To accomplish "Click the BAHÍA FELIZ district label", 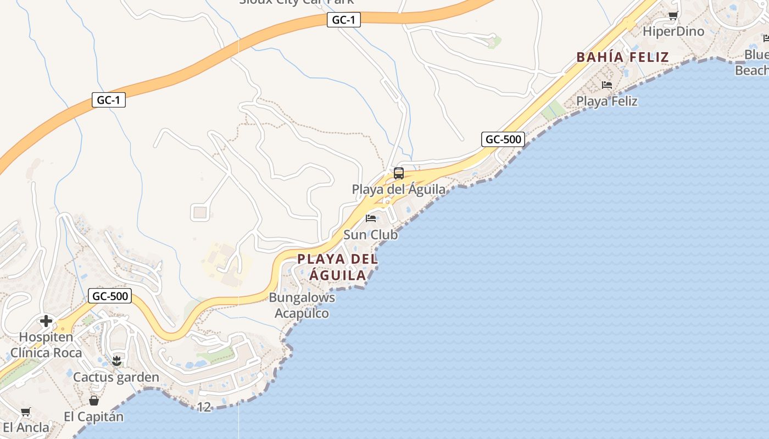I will tap(622, 57).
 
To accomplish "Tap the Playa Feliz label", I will tap(606, 101).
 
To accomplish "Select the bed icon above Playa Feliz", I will tap(607, 85).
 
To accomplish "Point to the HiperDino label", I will tap(673, 31).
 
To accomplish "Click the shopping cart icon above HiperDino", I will tap(673, 15).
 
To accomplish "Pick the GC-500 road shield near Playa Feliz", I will tap(503, 139).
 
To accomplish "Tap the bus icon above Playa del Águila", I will tap(399, 173).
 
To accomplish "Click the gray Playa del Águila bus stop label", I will tap(399, 189).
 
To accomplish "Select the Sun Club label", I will tap(370, 234).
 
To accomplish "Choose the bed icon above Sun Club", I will tap(371, 218).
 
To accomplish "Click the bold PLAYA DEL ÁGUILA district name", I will tap(337, 267).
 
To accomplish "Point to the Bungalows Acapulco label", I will tap(302, 305).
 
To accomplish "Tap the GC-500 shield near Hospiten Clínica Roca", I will tap(110, 296).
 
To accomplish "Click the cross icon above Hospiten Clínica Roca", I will tap(46, 321).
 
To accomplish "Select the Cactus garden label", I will tap(116, 377).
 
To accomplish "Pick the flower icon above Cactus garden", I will tap(116, 361).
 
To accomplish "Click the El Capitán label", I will tap(93, 417).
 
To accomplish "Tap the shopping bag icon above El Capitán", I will tap(94, 401).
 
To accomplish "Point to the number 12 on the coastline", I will tap(204, 407).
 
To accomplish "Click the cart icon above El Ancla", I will tap(25, 412).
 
